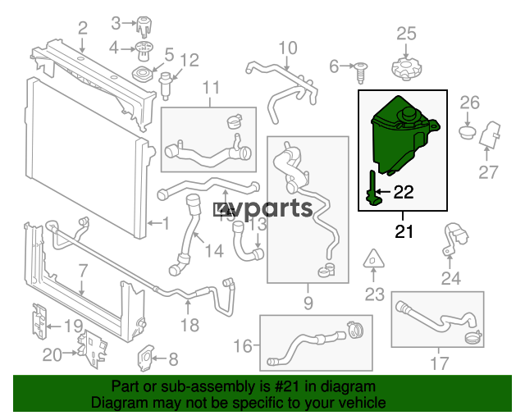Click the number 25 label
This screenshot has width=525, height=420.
pos(407,34)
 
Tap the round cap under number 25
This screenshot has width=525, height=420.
pos(406,69)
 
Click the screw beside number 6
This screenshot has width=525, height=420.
pos(361,72)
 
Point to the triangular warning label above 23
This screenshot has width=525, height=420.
pos(374,259)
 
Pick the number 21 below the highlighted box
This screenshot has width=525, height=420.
pos(404,231)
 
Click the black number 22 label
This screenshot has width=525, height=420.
pos(404,192)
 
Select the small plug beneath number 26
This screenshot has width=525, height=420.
pos(468,132)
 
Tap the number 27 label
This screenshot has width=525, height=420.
pos(488,173)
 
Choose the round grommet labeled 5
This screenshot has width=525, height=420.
pos(143,74)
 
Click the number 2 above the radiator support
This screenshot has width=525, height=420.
pos(82,28)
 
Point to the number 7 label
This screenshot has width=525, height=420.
pos(83,271)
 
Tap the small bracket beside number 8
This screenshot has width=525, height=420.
pos(146,358)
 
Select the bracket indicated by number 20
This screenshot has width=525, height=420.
pos(93,349)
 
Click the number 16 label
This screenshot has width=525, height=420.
pos(243,345)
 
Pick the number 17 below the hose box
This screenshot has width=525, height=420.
pos(439,363)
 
